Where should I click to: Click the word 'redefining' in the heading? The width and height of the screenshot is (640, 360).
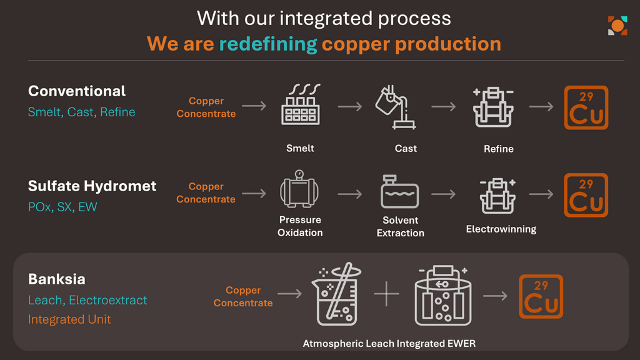(268, 44)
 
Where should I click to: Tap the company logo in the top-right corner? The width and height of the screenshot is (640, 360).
(617, 26)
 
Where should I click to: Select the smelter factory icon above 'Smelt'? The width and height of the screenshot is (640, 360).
(301, 104)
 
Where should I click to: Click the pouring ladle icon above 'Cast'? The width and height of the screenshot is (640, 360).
(395, 107)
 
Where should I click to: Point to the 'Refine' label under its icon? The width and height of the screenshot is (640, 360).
(498, 149)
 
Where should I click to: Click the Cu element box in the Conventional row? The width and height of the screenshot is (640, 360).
(586, 107)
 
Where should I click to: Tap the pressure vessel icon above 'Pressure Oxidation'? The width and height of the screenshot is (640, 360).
(299, 189)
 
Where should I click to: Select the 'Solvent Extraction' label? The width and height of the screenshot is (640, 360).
(401, 226)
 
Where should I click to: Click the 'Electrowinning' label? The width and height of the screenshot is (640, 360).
(501, 229)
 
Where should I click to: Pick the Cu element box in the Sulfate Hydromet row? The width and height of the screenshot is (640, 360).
(586, 195)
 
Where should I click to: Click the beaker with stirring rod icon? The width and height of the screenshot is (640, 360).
(336, 294)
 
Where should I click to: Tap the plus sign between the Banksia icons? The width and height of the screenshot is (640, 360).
(386, 294)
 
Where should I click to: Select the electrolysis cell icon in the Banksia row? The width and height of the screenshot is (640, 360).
(443, 296)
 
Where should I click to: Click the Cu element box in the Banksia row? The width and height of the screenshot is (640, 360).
(541, 296)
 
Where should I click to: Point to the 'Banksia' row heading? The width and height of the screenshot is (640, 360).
(57, 279)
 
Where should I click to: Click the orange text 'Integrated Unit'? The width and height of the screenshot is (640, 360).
(69, 319)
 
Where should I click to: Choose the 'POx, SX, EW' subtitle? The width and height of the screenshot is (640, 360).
(62, 207)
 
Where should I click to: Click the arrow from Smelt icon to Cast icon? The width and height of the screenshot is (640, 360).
(350, 107)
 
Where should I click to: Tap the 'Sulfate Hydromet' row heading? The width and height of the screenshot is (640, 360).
(92, 186)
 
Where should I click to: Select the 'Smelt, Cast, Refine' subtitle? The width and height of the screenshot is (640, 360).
(82, 112)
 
